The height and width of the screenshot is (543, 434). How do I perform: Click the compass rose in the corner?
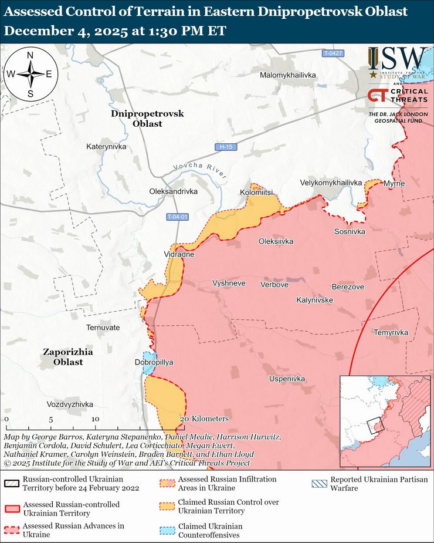(30, 74)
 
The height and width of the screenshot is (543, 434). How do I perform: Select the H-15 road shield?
(226, 146)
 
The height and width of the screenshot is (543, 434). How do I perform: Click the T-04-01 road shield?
(177, 217)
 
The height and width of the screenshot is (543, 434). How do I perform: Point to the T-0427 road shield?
(333, 53)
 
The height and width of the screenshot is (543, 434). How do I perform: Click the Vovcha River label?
(199, 168)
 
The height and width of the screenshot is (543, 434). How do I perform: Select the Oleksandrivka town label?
(174, 191)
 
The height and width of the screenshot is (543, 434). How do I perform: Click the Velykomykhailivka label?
(331, 183)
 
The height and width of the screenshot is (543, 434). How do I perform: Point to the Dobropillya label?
(154, 362)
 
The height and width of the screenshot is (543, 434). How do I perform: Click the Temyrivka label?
(391, 332)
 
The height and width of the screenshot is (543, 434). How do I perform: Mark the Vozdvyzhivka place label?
(70, 404)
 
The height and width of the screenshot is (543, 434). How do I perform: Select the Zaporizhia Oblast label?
(68, 357)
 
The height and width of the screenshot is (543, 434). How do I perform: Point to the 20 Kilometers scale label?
(204, 419)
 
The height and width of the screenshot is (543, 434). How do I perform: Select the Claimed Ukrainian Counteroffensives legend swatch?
(167, 530)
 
